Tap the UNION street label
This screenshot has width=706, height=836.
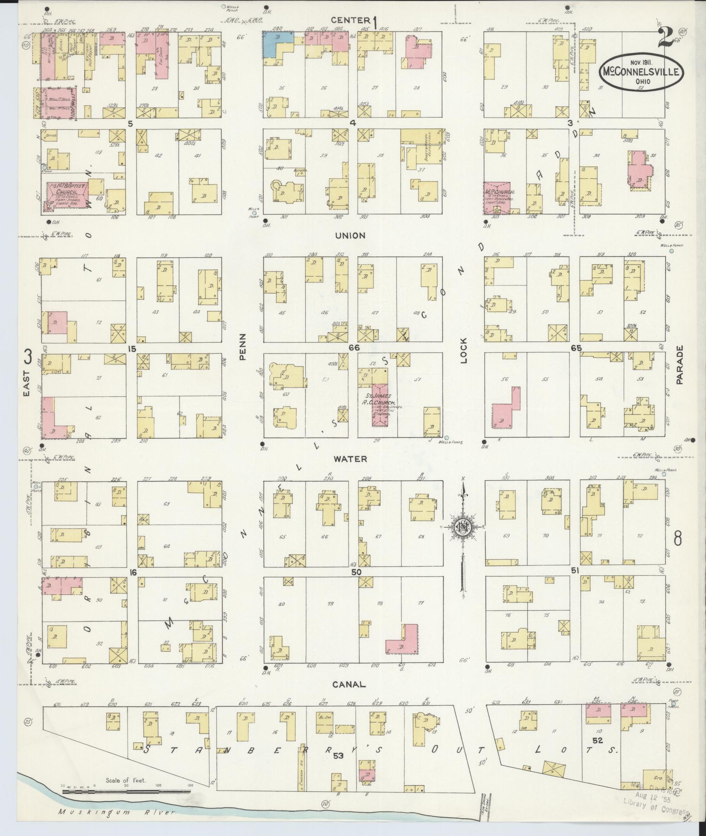click(350, 236)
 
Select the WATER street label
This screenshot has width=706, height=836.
click(351, 459)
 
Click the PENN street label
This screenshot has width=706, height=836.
click(242, 347)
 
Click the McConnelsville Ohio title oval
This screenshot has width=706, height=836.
click(642, 73)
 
